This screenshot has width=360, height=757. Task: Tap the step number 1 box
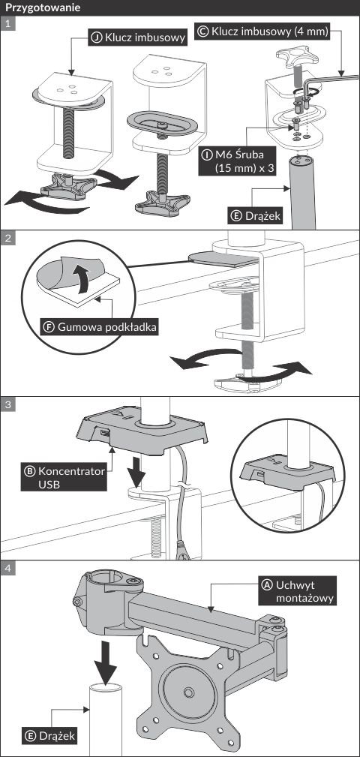click(7, 23)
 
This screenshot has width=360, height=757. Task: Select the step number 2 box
click(7, 238)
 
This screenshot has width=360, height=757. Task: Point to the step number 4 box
click(7, 568)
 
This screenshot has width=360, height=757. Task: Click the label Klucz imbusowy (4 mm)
click(263, 32)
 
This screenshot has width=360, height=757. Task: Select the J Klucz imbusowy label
click(137, 38)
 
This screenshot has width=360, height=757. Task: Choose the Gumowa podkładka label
click(100, 326)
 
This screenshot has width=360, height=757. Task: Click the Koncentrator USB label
click(64, 477)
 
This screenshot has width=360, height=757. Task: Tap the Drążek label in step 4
click(50, 736)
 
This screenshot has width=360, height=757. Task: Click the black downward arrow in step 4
click(105, 659)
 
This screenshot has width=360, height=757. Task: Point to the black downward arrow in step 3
click(136, 470)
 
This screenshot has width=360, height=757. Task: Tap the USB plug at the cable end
click(183, 551)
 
